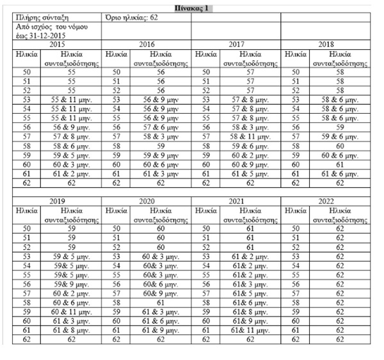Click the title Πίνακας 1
coord(192,6)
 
